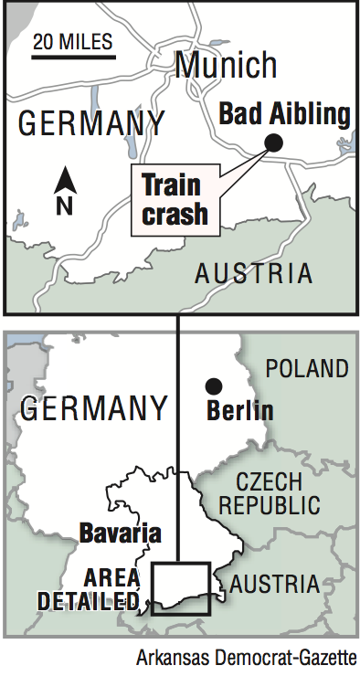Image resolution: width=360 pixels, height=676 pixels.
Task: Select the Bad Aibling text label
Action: tap(285, 115)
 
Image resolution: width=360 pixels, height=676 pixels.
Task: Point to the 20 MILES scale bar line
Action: tap(72, 58)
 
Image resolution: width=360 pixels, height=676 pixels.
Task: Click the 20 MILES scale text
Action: tap(72, 41)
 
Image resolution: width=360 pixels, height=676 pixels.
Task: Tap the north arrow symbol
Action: tap(63, 181)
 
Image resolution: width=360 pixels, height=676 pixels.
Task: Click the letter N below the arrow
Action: tap(64, 206)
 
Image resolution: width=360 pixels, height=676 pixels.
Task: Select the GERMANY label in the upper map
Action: tap(91, 122)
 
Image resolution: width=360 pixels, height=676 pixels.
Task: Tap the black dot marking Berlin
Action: tap(213, 385)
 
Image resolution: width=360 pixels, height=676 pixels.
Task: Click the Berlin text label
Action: tap(240, 410)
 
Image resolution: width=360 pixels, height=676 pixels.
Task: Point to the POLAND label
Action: tap(306, 369)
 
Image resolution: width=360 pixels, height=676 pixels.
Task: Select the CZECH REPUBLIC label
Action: tap(279, 493)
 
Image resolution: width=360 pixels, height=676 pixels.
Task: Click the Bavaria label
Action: tap(121, 533)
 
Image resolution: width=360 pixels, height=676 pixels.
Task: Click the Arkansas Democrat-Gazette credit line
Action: tap(247, 658)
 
